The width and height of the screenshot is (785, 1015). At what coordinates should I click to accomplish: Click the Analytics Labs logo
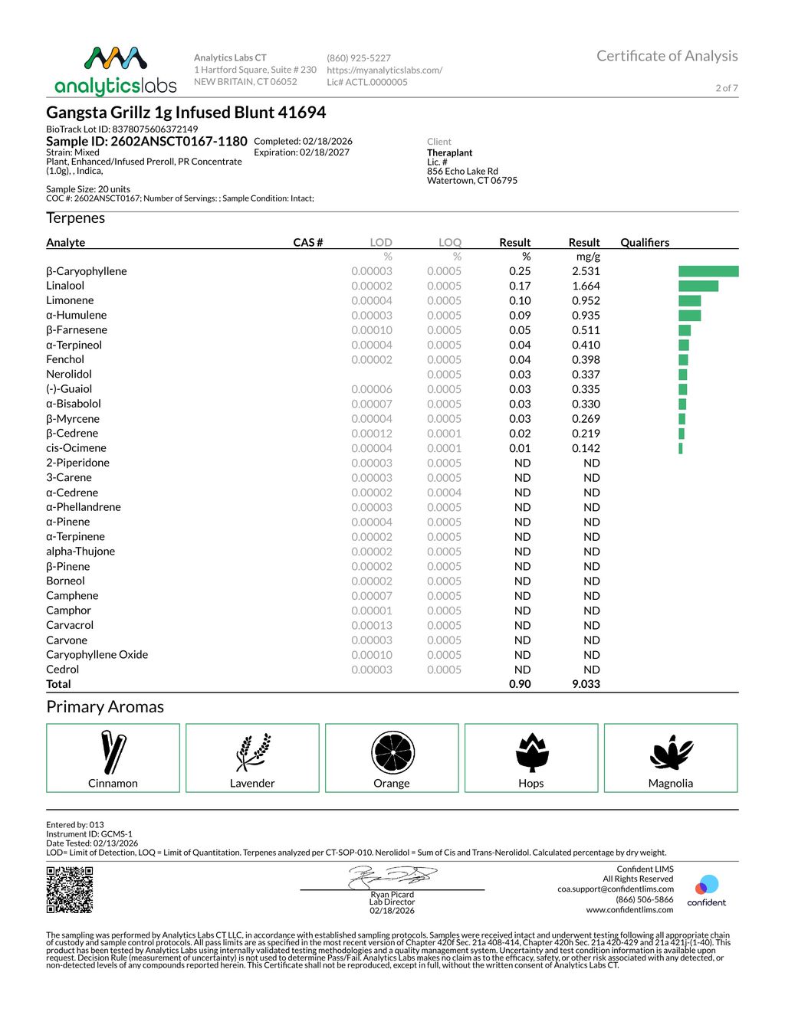(115, 70)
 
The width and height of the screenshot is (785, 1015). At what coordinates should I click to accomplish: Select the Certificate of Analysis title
(666, 56)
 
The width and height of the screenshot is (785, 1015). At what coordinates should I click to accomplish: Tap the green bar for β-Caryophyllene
(708, 271)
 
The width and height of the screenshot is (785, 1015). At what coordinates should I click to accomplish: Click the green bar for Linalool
(698, 286)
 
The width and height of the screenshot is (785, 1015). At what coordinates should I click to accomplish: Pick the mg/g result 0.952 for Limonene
(586, 300)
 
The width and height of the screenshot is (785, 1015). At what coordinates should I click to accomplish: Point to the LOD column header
(380, 242)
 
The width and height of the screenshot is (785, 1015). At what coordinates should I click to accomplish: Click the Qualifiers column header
(644, 242)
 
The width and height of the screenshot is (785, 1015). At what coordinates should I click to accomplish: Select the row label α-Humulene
(76, 315)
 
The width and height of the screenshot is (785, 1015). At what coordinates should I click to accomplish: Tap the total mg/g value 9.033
(586, 684)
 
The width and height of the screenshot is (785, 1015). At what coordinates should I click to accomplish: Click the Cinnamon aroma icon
(113, 752)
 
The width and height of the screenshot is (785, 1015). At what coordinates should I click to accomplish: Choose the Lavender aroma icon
(252, 752)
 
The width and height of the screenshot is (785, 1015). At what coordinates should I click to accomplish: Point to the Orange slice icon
(392, 752)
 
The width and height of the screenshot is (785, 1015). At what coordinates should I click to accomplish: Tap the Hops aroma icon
(531, 752)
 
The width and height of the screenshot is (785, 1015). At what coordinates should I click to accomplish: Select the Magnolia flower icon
(671, 752)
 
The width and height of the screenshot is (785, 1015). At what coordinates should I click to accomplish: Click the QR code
(70, 889)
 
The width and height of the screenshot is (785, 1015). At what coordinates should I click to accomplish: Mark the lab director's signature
(392, 876)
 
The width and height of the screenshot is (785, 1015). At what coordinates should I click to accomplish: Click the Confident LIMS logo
(706, 890)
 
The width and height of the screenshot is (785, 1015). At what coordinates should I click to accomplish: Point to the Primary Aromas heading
(105, 706)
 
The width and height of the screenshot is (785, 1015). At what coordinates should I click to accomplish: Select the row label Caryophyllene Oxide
(97, 654)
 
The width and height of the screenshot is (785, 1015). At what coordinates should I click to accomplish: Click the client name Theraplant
(449, 152)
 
